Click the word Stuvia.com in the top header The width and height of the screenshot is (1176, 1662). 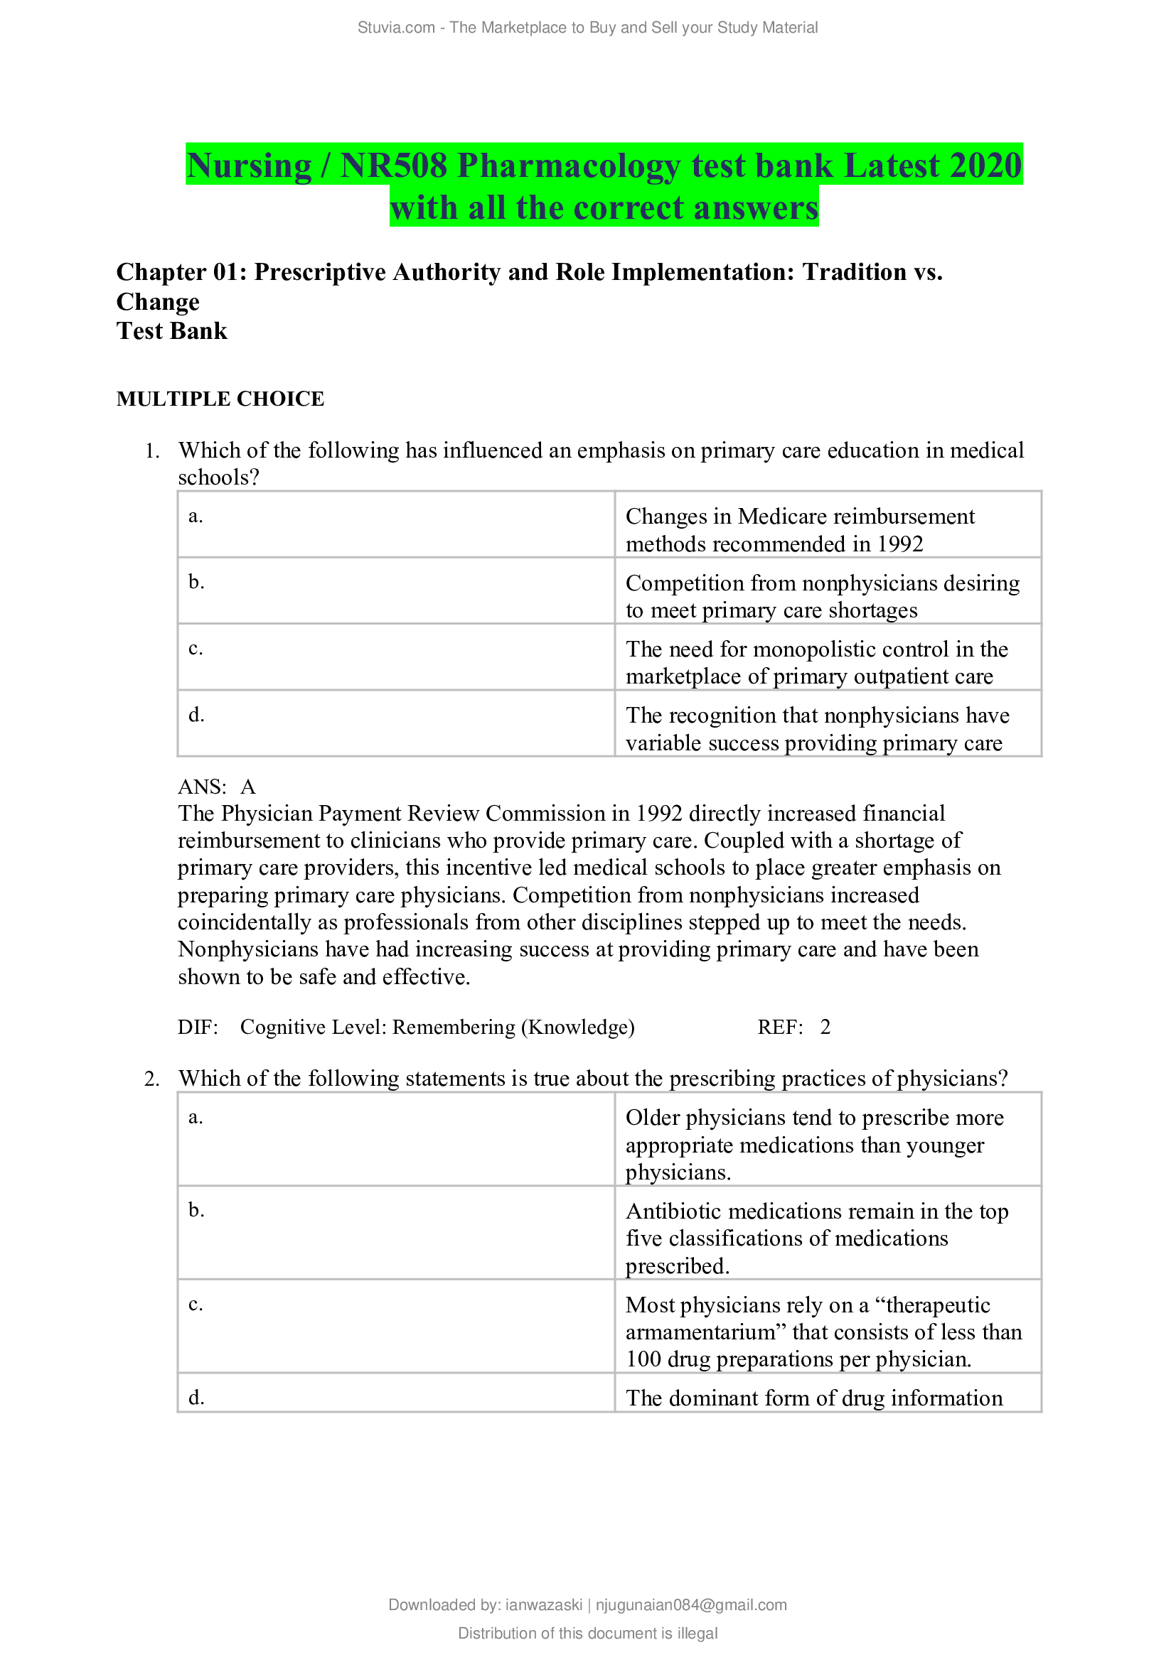(395, 28)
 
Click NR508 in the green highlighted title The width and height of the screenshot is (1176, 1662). (394, 165)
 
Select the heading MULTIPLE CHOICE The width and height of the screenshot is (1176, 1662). (220, 399)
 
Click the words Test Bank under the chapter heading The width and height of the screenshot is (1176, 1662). (171, 331)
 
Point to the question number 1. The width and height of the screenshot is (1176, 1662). (151, 451)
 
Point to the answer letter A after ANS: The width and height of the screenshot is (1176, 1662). (248, 787)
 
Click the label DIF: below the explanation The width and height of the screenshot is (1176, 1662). (198, 1027)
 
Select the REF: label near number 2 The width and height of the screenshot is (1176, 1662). (780, 1027)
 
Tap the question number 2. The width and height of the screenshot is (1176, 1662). (151, 1079)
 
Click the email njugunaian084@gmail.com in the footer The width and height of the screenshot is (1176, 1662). (691, 1605)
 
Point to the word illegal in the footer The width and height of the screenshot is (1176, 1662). (697, 1633)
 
